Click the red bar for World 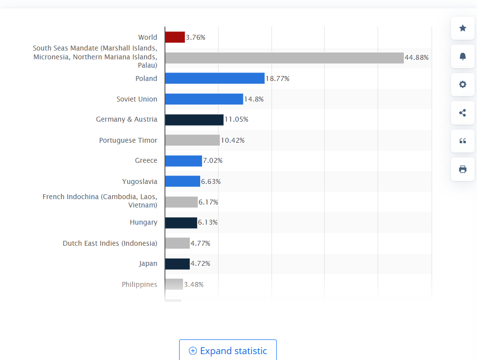coord(175,37)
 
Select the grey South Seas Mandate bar coord(284,58)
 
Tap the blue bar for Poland coord(214,78)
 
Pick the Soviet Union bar coord(204,99)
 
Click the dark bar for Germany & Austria coord(194,120)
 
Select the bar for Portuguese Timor coord(192,140)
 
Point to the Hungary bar coord(181,223)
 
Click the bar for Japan coord(177,264)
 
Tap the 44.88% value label coord(417,58)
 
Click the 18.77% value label coord(277,78)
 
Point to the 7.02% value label coord(213,161)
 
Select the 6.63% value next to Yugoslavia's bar coord(211,181)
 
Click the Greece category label coord(146,160)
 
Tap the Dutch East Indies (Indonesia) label coord(110,243)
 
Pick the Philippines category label coord(139,284)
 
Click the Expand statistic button coord(228,351)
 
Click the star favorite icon coord(462,28)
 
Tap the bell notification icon coord(462,56)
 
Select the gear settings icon coord(462,84)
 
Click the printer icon coord(462,169)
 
